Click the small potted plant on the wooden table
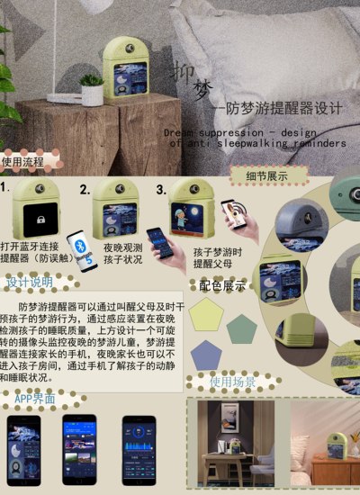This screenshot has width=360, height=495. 91,89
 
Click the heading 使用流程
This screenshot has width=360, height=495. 22,162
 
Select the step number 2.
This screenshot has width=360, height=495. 85,191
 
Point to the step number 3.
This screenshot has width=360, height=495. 161,190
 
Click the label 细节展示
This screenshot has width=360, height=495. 266,175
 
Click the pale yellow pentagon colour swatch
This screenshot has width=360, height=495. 211,312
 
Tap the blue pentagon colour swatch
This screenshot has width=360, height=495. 206,353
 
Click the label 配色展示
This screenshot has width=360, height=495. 222,286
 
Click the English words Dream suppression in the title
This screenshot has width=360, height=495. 213,132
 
